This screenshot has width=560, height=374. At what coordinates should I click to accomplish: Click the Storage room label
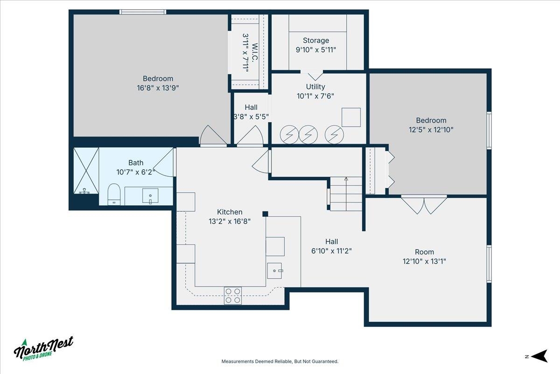[x=316, y=41]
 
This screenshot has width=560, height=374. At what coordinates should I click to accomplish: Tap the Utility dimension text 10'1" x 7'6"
[x=315, y=96]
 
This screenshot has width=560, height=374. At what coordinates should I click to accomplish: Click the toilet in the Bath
[x=113, y=194]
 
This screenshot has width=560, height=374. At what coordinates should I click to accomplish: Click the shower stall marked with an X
[x=86, y=171]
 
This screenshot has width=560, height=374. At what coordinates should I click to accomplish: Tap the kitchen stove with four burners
[x=233, y=295]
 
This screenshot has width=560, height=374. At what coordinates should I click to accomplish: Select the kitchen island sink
[x=275, y=270]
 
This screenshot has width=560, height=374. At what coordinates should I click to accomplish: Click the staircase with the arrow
[x=346, y=193]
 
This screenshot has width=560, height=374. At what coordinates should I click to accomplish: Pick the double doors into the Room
[x=424, y=204]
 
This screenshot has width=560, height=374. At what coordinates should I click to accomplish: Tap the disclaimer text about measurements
[x=280, y=361]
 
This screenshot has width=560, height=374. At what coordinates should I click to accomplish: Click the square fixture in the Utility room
[x=351, y=117]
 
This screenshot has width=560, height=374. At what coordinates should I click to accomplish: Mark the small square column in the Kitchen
[x=265, y=214]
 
